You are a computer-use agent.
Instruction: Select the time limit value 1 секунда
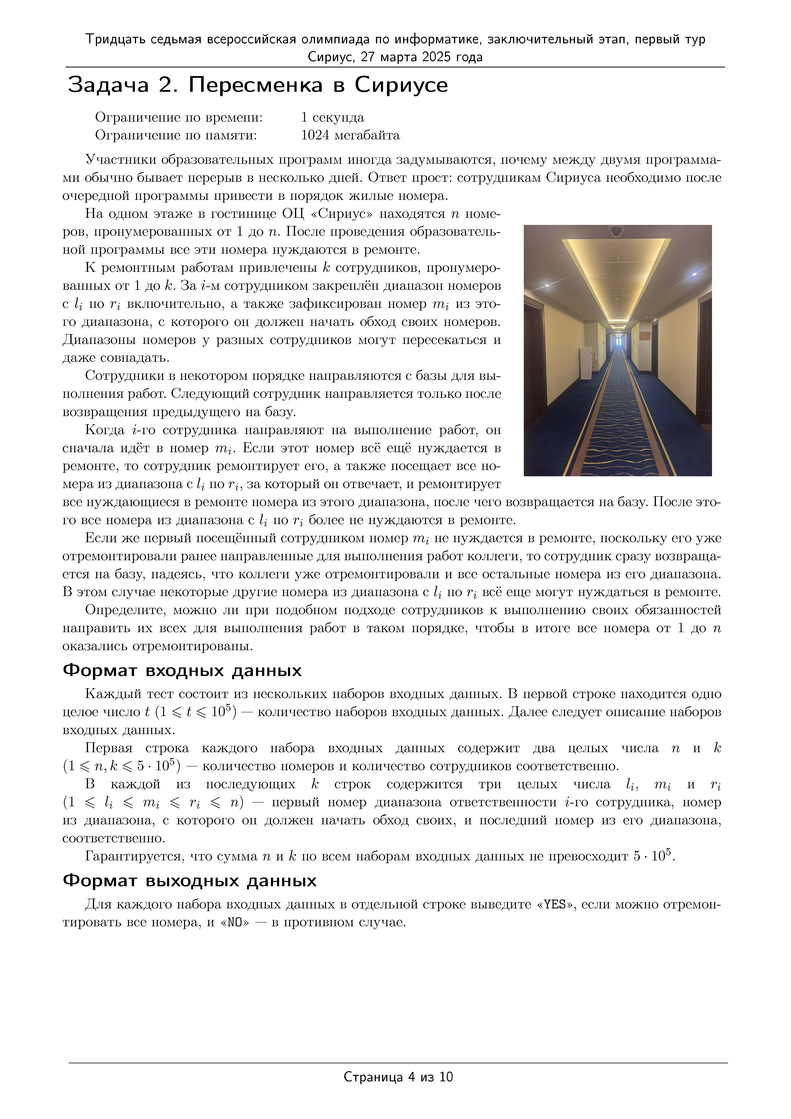[332, 117]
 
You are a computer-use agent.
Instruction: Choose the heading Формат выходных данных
[190, 881]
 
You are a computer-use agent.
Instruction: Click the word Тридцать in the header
[115, 39]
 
